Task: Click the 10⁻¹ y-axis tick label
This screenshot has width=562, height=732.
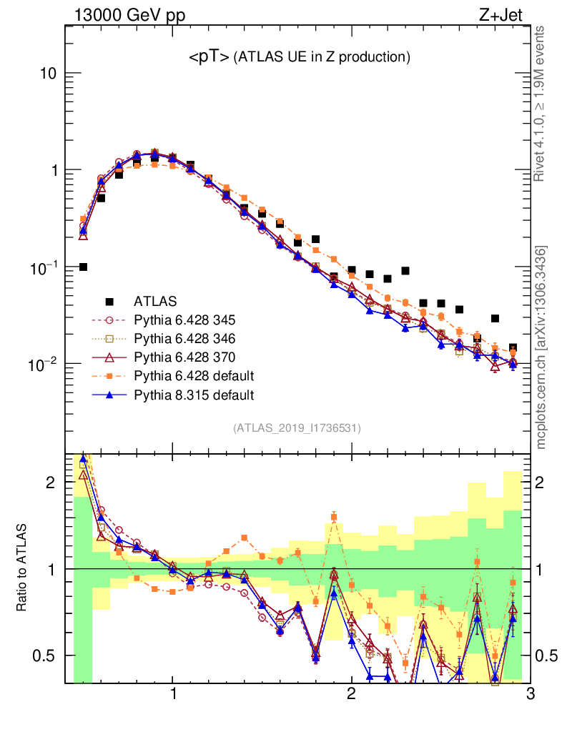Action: [44, 267]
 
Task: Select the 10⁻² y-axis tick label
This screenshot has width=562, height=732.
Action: [44, 365]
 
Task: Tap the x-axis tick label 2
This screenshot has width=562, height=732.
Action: [351, 695]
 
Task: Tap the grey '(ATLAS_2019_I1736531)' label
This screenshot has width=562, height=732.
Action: [297, 428]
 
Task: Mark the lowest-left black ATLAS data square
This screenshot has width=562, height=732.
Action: [83, 267]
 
